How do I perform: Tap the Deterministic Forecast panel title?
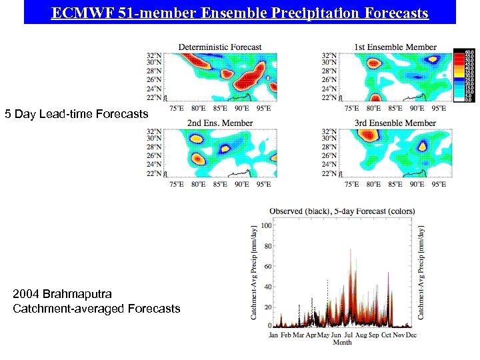pyautogui.click(x=220, y=47)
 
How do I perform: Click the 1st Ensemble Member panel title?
pyautogui.click(x=395, y=47)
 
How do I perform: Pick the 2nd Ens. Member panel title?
pyautogui.click(x=220, y=123)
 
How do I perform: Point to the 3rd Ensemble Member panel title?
pyautogui.click(x=395, y=123)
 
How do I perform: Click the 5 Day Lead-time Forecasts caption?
pyautogui.click(x=77, y=114)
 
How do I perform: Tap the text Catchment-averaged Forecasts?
pyautogui.click(x=97, y=308)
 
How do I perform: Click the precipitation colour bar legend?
pyautogui.click(x=464, y=75)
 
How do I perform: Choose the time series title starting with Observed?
pyautogui.click(x=342, y=211)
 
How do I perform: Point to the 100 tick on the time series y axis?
pyautogui.click(x=265, y=225)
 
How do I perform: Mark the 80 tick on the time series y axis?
pyautogui.click(x=267, y=246)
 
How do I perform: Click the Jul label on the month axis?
pyautogui.click(x=348, y=335)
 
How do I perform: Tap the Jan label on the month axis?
pyautogui.click(x=273, y=335)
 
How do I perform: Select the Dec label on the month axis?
pyautogui.click(x=411, y=335)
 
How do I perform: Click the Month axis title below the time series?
pyautogui.click(x=342, y=343)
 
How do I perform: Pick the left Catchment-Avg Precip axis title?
pyautogui.click(x=254, y=272)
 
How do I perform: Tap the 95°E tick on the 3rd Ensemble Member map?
pyautogui.click(x=438, y=184)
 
